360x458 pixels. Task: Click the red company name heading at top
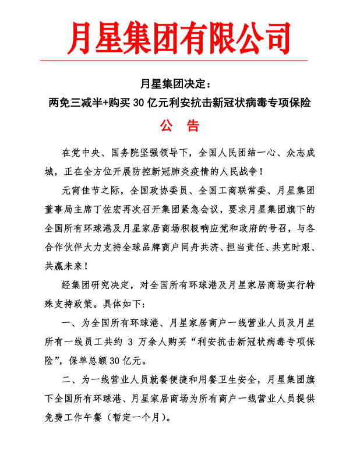[179, 36]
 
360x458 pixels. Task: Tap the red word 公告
[180, 126]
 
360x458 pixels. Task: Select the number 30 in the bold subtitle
[139, 103]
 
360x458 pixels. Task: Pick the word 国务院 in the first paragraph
[124, 153]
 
